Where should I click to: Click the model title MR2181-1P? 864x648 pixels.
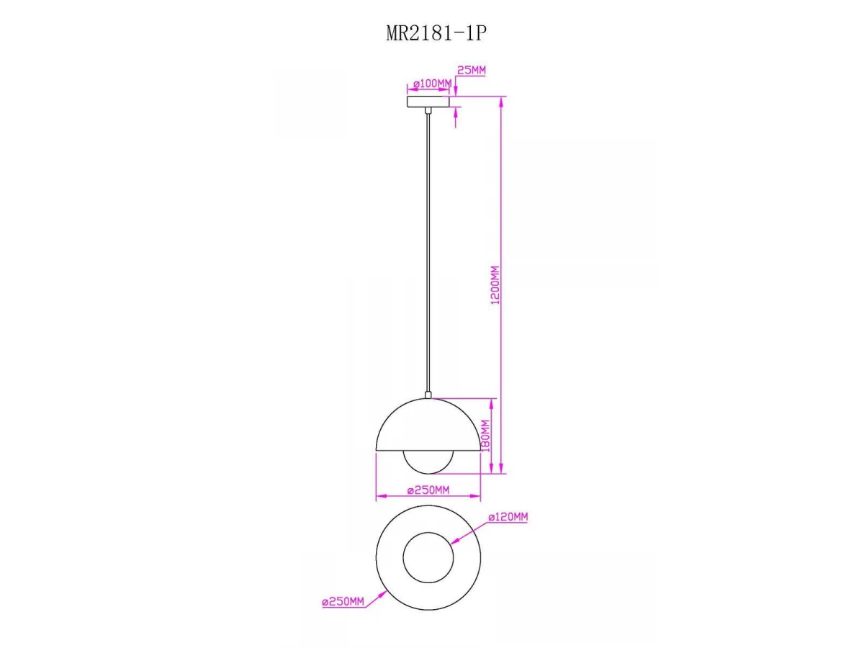pyautogui.click(x=436, y=33)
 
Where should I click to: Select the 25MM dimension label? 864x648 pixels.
pyautogui.click(x=471, y=70)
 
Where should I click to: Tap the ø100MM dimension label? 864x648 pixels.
pyautogui.click(x=432, y=84)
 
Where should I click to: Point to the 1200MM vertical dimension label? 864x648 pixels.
pyautogui.click(x=495, y=285)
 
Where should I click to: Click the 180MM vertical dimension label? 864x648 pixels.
pyautogui.click(x=485, y=436)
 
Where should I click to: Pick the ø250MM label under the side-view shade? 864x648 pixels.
pyautogui.click(x=428, y=490)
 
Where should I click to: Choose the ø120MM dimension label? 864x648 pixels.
pyautogui.click(x=508, y=517)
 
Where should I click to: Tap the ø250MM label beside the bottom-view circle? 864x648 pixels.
pyautogui.click(x=343, y=602)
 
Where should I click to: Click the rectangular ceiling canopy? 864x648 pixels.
pyautogui.click(x=428, y=102)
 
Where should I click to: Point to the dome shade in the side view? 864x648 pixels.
pyautogui.click(x=428, y=425)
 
